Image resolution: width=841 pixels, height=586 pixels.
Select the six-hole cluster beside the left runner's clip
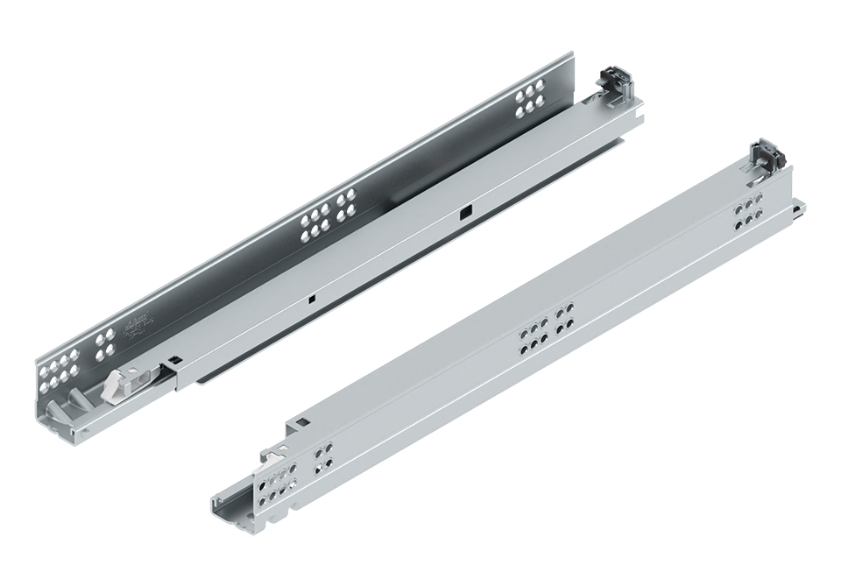tap(530, 99)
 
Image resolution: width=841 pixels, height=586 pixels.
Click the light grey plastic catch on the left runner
tap(118, 385)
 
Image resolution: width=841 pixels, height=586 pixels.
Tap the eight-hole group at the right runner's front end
tap(272, 487)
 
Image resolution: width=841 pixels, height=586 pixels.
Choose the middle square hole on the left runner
tap(311, 299)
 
